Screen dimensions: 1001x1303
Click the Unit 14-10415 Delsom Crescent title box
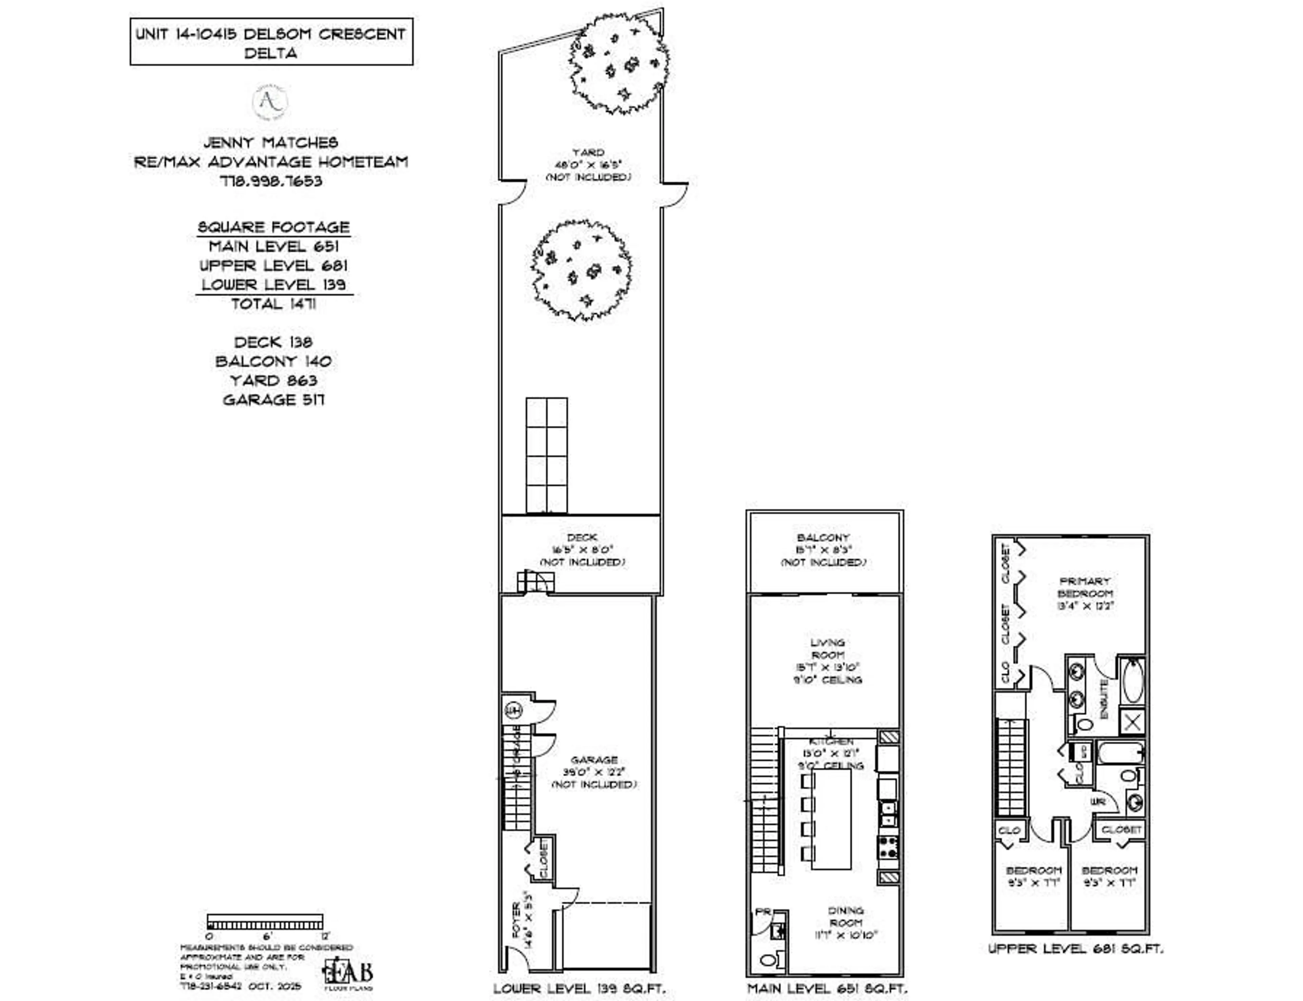271,42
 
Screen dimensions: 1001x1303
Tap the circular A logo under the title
270,102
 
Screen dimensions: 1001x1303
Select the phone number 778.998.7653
271,181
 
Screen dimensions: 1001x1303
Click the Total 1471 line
273,304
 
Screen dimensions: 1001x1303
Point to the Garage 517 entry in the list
273,400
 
